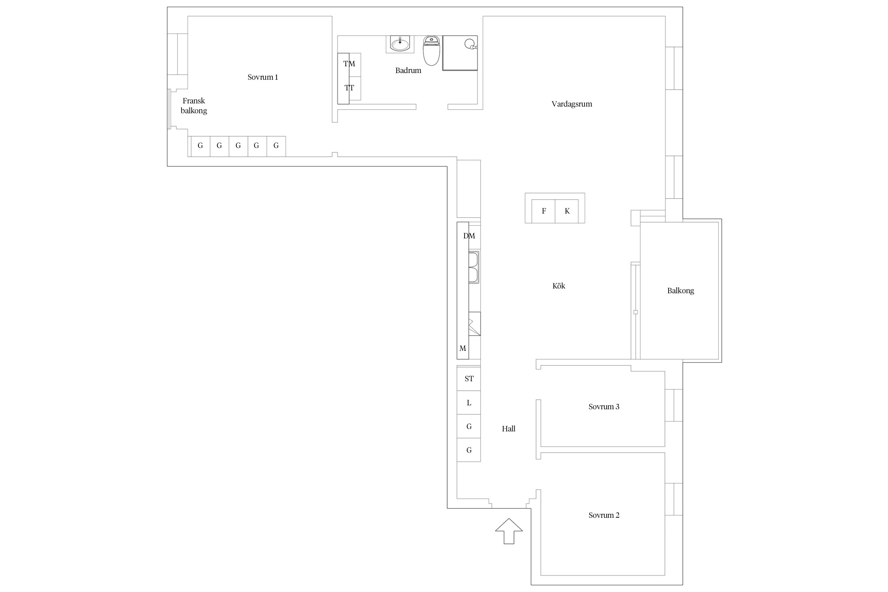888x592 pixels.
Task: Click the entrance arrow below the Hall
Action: click(x=509, y=531)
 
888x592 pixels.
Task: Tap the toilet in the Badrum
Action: click(x=431, y=51)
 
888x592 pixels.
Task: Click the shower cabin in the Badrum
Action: click(x=460, y=53)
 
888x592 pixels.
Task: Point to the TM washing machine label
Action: click(x=349, y=64)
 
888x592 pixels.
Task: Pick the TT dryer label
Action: click(x=349, y=88)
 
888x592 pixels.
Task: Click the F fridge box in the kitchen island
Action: click(x=543, y=211)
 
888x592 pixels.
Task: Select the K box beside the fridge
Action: click(x=567, y=211)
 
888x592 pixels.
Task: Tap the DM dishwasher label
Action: click(x=469, y=236)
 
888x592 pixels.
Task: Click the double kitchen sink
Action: click(x=474, y=267)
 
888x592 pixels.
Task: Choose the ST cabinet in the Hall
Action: click(x=469, y=379)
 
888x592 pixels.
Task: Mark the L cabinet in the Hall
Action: click(x=469, y=403)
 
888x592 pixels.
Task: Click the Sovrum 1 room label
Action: click(x=263, y=77)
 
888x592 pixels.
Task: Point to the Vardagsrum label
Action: click(x=572, y=104)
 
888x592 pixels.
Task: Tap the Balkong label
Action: click(x=680, y=291)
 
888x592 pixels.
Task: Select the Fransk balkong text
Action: click(x=194, y=106)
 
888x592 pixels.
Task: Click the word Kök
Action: click(x=559, y=286)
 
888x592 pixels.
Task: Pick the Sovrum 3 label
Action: click(x=604, y=407)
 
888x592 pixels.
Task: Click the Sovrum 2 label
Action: click(x=604, y=515)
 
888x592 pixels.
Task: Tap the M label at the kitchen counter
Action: click(x=463, y=348)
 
